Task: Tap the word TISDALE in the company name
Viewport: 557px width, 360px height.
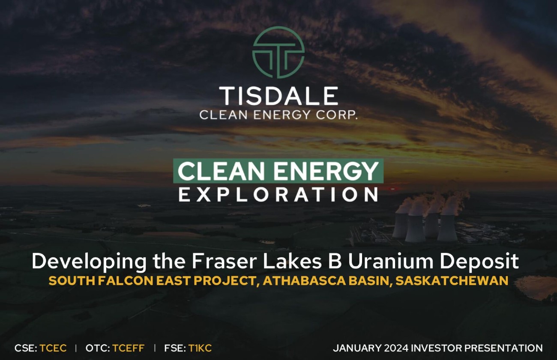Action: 278,96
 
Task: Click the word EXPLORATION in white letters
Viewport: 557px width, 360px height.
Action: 278,195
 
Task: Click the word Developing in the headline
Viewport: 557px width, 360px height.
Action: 89,262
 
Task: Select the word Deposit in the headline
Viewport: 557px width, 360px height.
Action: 479,262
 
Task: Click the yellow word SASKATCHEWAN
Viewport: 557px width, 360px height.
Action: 452,281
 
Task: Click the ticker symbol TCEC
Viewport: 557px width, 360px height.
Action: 53,348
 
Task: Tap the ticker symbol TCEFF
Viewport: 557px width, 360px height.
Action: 128,348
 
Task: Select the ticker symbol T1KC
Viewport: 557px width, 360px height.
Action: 200,348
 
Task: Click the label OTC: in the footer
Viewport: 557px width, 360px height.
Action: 98,348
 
